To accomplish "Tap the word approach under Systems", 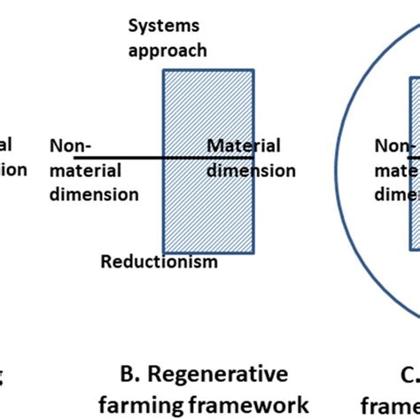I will [167, 50].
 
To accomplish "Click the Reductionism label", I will [159, 261].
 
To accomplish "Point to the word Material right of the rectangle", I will [244, 146].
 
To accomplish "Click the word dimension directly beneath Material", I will [252, 169].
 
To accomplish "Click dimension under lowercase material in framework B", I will [94, 193].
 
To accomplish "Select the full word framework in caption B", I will [257, 405].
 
